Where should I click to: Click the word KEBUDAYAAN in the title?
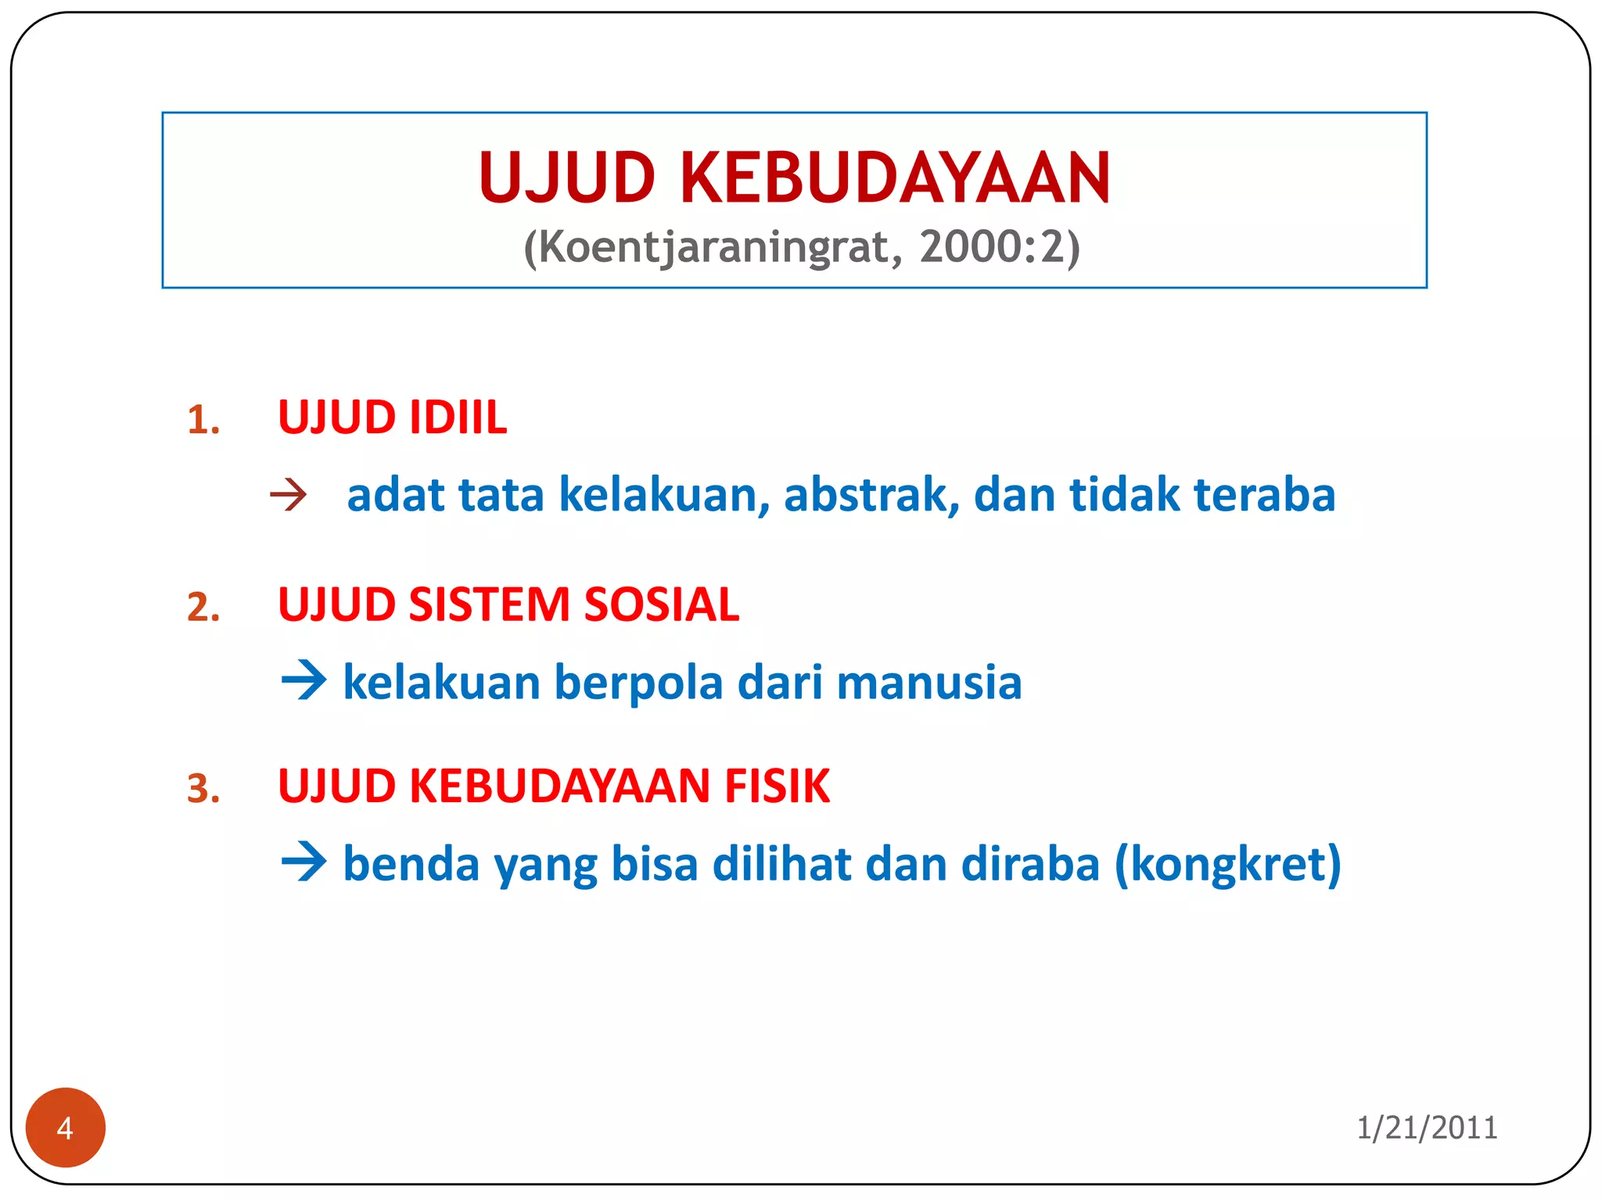[x=895, y=178]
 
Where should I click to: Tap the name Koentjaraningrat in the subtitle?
[x=713, y=248]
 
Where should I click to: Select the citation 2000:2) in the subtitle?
[x=1000, y=248]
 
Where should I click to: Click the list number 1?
[x=203, y=421]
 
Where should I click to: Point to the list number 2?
[x=203, y=608]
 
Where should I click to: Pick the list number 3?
[x=203, y=789]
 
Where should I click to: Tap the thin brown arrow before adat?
[x=288, y=496]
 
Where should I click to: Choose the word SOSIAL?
[x=661, y=604]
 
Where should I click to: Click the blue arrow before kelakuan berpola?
[x=304, y=680]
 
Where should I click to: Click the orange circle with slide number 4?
[x=66, y=1128]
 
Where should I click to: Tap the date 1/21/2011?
[x=1427, y=1128]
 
